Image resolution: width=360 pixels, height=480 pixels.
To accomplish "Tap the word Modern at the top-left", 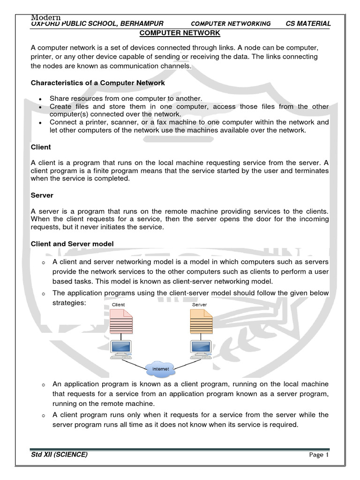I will [46, 17].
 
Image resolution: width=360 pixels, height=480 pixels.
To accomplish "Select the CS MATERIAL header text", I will [308, 23].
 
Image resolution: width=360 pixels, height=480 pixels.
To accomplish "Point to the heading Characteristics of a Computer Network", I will [97, 83].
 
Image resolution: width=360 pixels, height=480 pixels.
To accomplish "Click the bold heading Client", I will [41, 147].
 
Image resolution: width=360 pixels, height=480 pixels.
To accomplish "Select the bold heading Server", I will [42, 195].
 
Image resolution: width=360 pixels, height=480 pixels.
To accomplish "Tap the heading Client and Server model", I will [72, 244].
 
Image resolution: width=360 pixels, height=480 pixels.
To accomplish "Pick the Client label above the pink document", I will [119, 305].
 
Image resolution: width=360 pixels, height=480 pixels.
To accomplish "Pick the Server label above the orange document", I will [199, 305].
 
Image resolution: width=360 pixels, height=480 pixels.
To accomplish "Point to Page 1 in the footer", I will [319, 455].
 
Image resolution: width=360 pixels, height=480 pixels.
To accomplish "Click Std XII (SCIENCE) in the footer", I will [59, 455].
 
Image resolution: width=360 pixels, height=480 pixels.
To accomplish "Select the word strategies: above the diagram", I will [69, 303].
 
